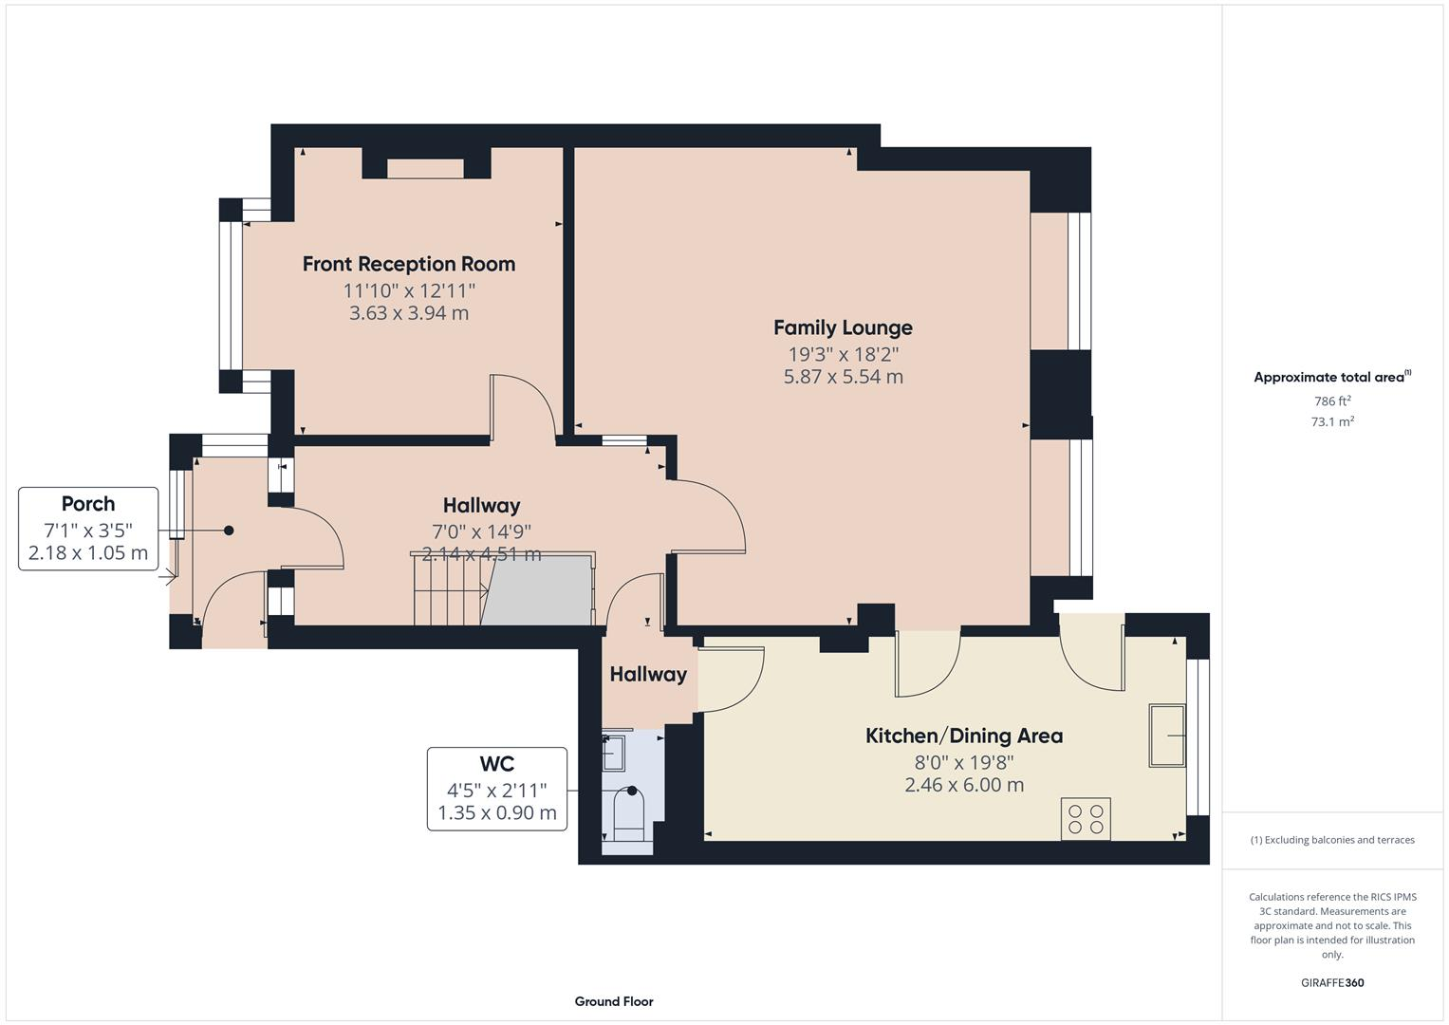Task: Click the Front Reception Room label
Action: coord(408,264)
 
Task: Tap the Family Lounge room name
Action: coord(843,327)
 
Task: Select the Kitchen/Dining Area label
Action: coord(963,736)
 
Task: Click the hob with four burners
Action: coord(1086,819)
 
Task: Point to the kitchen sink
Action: coord(1167,735)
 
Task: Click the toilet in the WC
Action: coord(629,815)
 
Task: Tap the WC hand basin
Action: coord(614,752)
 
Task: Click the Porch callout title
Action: coord(88,504)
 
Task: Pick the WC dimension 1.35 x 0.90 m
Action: coord(496,813)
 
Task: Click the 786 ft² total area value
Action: coord(1332,401)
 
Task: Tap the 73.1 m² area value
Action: coord(1332,422)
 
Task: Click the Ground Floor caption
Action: coord(614,1001)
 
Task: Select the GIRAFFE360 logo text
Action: coord(1332,983)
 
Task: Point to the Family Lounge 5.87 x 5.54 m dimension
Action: coord(843,377)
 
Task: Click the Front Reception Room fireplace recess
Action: coord(425,168)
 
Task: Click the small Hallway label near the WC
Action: coord(648,675)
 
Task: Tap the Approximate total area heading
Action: coord(1330,378)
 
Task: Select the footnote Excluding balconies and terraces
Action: coord(1332,840)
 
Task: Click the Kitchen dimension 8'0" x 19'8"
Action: coord(963,762)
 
